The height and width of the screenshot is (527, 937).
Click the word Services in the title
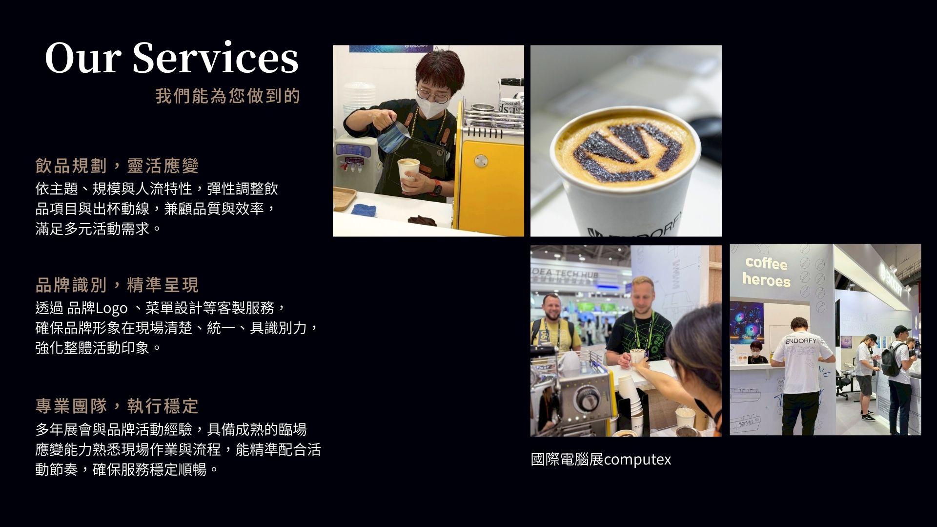(215, 58)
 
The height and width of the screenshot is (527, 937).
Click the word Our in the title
(83, 58)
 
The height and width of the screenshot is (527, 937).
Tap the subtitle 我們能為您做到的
(227, 96)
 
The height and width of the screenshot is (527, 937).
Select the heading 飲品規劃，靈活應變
(117, 166)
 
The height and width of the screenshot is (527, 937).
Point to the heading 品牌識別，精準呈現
(117, 285)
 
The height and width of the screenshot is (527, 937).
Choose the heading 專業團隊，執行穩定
(117, 405)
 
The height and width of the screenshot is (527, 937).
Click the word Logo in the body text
(112, 309)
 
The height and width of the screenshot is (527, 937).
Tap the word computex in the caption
(637, 460)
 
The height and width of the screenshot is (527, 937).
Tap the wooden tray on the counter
(345, 199)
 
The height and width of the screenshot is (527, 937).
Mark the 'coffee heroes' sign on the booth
(766, 272)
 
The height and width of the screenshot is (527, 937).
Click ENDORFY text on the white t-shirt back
(800, 340)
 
